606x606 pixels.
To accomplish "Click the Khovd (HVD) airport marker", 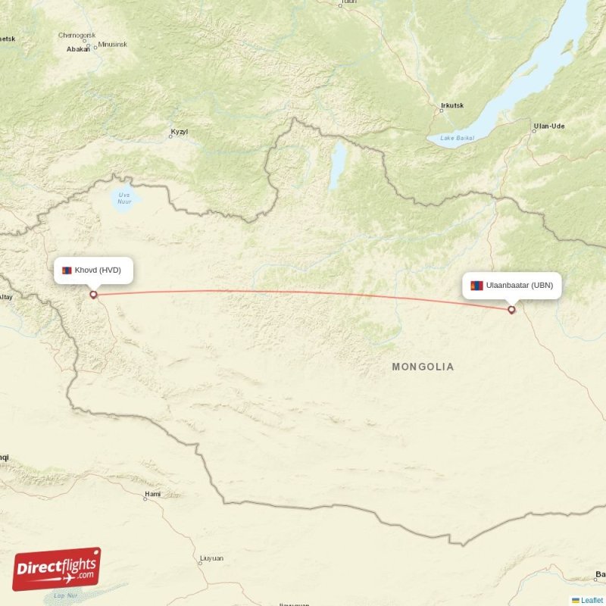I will [x=93, y=294].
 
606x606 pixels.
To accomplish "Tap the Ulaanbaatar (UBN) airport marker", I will [x=512, y=309].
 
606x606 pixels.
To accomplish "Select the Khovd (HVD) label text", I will [x=98, y=270].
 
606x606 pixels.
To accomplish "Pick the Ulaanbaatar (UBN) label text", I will [x=520, y=286].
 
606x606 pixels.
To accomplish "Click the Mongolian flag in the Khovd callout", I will [x=67, y=270].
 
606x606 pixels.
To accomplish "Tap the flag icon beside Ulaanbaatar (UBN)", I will [x=476, y=286].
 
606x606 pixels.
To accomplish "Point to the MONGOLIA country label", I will [x=423, y=367].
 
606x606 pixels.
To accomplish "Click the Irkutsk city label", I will [x=451, y=105].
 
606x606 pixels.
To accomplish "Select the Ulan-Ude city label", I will [x=548, y=126].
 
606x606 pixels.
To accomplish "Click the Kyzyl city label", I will [x=179, y=132].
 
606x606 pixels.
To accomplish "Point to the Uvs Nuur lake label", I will [x=124, y=198].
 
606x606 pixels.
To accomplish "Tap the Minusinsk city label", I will [x=112, y=44].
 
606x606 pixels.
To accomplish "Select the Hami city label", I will [x=152, y=493].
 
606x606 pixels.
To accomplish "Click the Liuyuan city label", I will [x=211, y=558].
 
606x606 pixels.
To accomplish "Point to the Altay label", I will [x=6, y=297].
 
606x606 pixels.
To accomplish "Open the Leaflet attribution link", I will [x=591, y=600].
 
